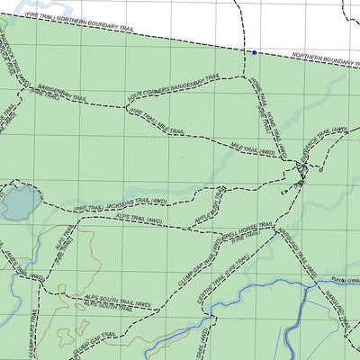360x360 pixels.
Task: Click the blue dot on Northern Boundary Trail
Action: pos(255,53)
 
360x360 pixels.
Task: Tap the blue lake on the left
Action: pos(20,202)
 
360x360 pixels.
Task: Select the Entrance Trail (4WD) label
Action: pos(326,139)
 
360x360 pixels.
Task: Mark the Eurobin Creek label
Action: pos(345,282)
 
